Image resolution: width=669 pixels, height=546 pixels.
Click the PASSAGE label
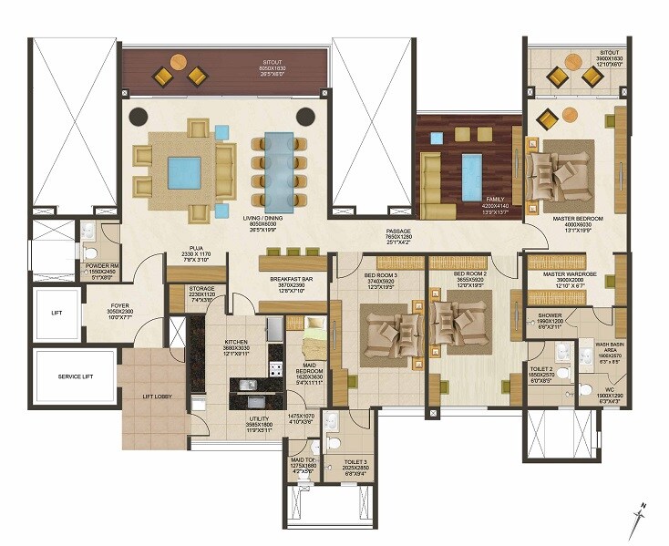tap(398, 232)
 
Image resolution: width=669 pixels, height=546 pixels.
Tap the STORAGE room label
tap(189, 289)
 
